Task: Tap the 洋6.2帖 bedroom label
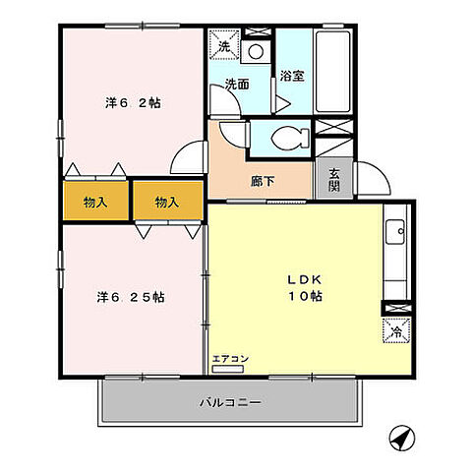[133, 103]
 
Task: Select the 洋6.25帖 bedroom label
[130, 296]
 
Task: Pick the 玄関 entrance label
[334, 180]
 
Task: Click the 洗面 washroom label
[236, 85]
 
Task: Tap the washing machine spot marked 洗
[223, 46]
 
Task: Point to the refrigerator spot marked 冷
[395, 331]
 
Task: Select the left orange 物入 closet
[95, 202]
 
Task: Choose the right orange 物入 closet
[167, 202]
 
